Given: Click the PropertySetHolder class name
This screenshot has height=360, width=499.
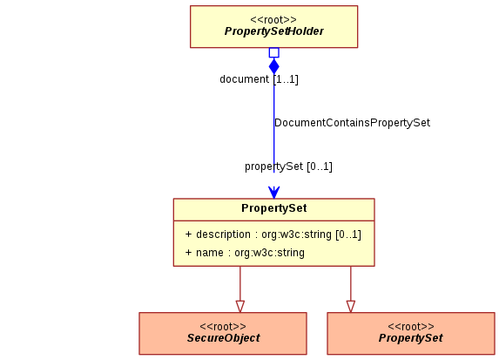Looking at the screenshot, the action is (x=274, y=31).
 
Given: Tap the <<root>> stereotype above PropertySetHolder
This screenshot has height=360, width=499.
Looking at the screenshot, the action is (x=273, y=20).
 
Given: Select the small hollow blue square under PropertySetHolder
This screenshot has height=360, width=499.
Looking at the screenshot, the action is (x=274, y=52).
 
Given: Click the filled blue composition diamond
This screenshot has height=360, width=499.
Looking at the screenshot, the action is (x=274, y=66).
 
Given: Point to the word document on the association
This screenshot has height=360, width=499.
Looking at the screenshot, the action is (x=244, y=79).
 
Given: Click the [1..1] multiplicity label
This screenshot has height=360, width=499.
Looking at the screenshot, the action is (x=286, y=79).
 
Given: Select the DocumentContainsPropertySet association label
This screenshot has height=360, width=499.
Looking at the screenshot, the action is (x=353, y=123).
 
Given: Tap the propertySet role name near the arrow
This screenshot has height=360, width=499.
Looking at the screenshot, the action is (x=273, y=166).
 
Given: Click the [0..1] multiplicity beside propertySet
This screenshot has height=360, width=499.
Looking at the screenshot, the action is (x=320, y=166).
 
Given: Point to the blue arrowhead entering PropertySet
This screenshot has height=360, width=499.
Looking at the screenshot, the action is (x=274, y=192).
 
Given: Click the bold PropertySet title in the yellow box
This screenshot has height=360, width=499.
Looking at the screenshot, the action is (x=274, y=208).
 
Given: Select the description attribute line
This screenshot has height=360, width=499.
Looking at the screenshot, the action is (x=273, y=234).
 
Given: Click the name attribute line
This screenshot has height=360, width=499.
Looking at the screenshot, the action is (x=245, y=253).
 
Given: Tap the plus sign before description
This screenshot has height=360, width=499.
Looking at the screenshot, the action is (x=188, y=234).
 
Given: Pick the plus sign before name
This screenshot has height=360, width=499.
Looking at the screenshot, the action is (x=188, y=252).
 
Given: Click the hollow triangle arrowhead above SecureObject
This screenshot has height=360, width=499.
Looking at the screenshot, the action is (x=240, y=307).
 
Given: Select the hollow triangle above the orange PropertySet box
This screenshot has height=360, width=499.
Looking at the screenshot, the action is (x=351, y=307).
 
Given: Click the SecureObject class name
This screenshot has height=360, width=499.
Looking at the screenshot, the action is (x=224, y=338).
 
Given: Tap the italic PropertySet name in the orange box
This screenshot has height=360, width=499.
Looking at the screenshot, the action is (x=410, y=338).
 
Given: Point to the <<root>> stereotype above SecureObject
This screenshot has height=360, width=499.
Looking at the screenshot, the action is (x=223, y=327).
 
